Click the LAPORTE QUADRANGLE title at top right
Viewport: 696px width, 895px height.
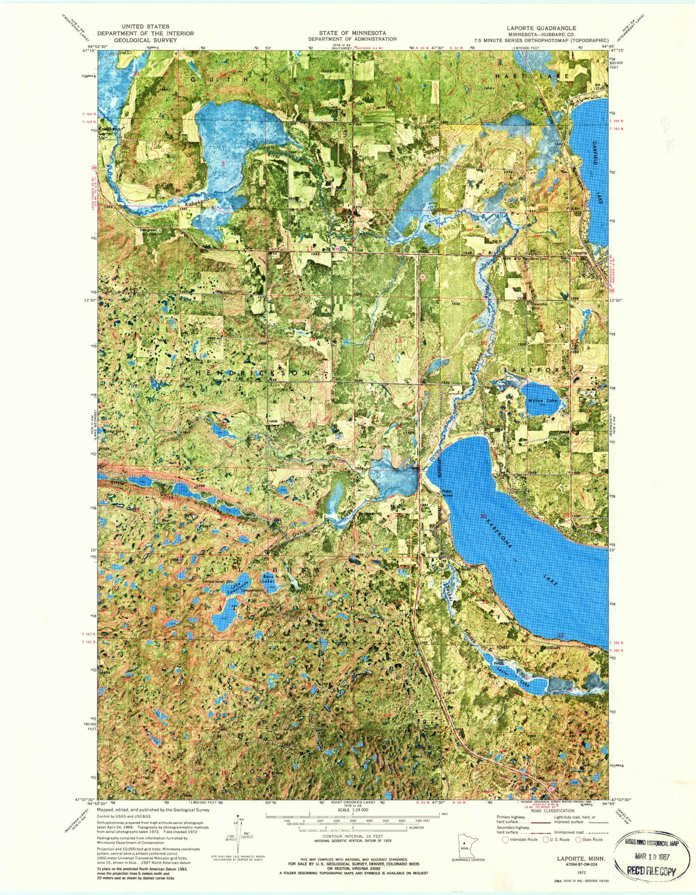(541, 28)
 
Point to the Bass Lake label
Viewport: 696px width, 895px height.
(268, 579)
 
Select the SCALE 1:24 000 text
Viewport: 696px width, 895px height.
(353, 810)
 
